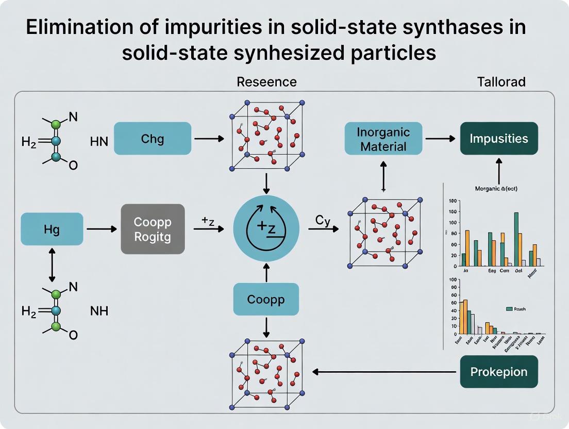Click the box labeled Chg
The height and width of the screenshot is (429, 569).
tap(153, 139)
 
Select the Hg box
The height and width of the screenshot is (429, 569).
tap(52, 228)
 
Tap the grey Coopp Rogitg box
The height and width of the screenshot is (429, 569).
tap(153, 228)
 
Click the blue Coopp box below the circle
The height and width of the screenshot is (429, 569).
tap(266, 299)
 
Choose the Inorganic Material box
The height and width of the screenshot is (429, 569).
tap(383, 139)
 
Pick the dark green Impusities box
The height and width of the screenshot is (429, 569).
tap(498, 139)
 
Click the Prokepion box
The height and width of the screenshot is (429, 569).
tap(498, 371)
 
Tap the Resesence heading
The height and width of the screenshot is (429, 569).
tap(266, 81)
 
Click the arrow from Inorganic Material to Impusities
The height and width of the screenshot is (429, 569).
tap(441, 139)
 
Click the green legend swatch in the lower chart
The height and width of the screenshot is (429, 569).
tap(510, 309)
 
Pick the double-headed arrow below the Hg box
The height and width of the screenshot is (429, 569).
tap(52, 264)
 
